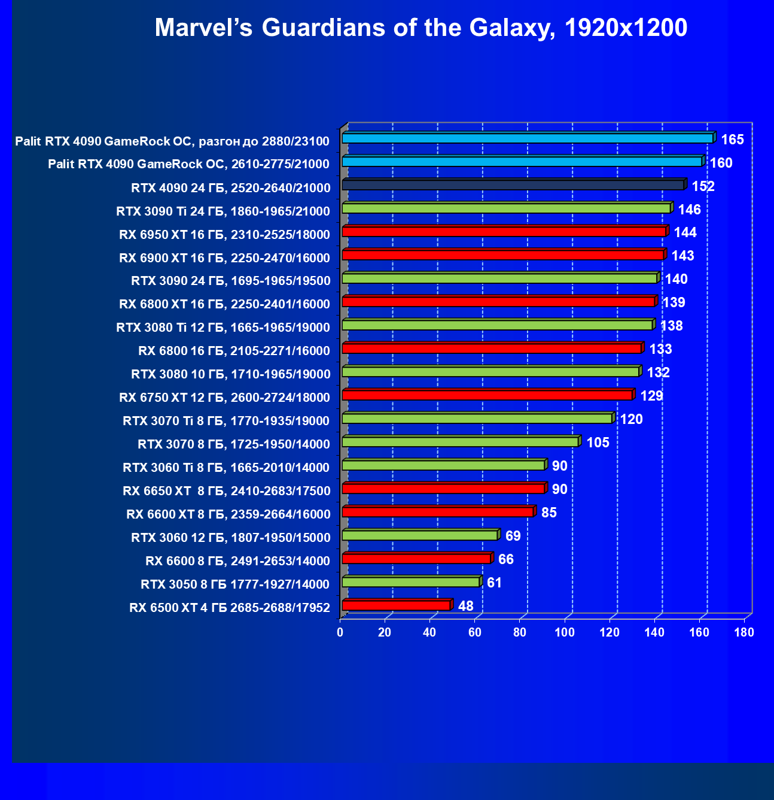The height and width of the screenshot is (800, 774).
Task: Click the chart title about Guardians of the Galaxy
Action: pyautogui.click(x=420, y=28)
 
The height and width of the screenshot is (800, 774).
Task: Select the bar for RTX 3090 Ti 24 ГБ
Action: pyautogui.click(x=506, y=208)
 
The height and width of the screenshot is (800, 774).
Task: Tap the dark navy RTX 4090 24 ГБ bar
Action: pyautogui.click(x=513, y=185)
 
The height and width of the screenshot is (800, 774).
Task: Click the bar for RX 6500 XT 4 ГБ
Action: pyautogui.click(x=395, y=605)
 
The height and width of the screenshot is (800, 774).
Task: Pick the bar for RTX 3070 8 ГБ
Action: pyautogui.click(x=460, y=442)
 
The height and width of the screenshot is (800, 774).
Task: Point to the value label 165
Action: pyautogui.click(x=732, y=140)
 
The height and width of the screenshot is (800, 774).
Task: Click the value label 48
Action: pyautogui.click(x=465, y=606)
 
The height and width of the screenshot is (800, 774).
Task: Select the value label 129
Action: pyautogui.click(x=651, y=396)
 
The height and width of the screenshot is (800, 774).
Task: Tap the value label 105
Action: pyautogui.click(x=598, y=443)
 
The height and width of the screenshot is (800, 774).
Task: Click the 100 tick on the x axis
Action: pyautogui.click(x=565, y=632)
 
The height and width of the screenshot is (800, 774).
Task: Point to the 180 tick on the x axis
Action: pyautogui.click(x=744, y=632)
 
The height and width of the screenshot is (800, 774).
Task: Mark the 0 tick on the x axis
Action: pyautogui.click(x=340, y=632)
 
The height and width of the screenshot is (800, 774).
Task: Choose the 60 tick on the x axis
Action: pyautogui.click(x=474, y=632)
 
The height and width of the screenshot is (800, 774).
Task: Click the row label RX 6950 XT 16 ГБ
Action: pyautogui.click(x=224, y=235)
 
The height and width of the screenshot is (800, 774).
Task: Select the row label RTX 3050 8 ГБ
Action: pyautogui.click(x=235, y=584)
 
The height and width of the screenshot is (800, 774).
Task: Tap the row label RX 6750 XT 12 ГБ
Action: pyautogui.click(x=224, y=398)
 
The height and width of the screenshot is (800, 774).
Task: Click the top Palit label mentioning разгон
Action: pyautogui.click(x=172, y=141)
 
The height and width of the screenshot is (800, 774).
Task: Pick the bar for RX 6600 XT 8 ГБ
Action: pyautogui.click(x=437, y=512)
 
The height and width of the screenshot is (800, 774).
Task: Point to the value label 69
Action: pyautogui.click(x=513, y=536)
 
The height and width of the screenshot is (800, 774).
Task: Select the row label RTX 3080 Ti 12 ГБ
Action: pyautogui.click(x=223, y=328)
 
